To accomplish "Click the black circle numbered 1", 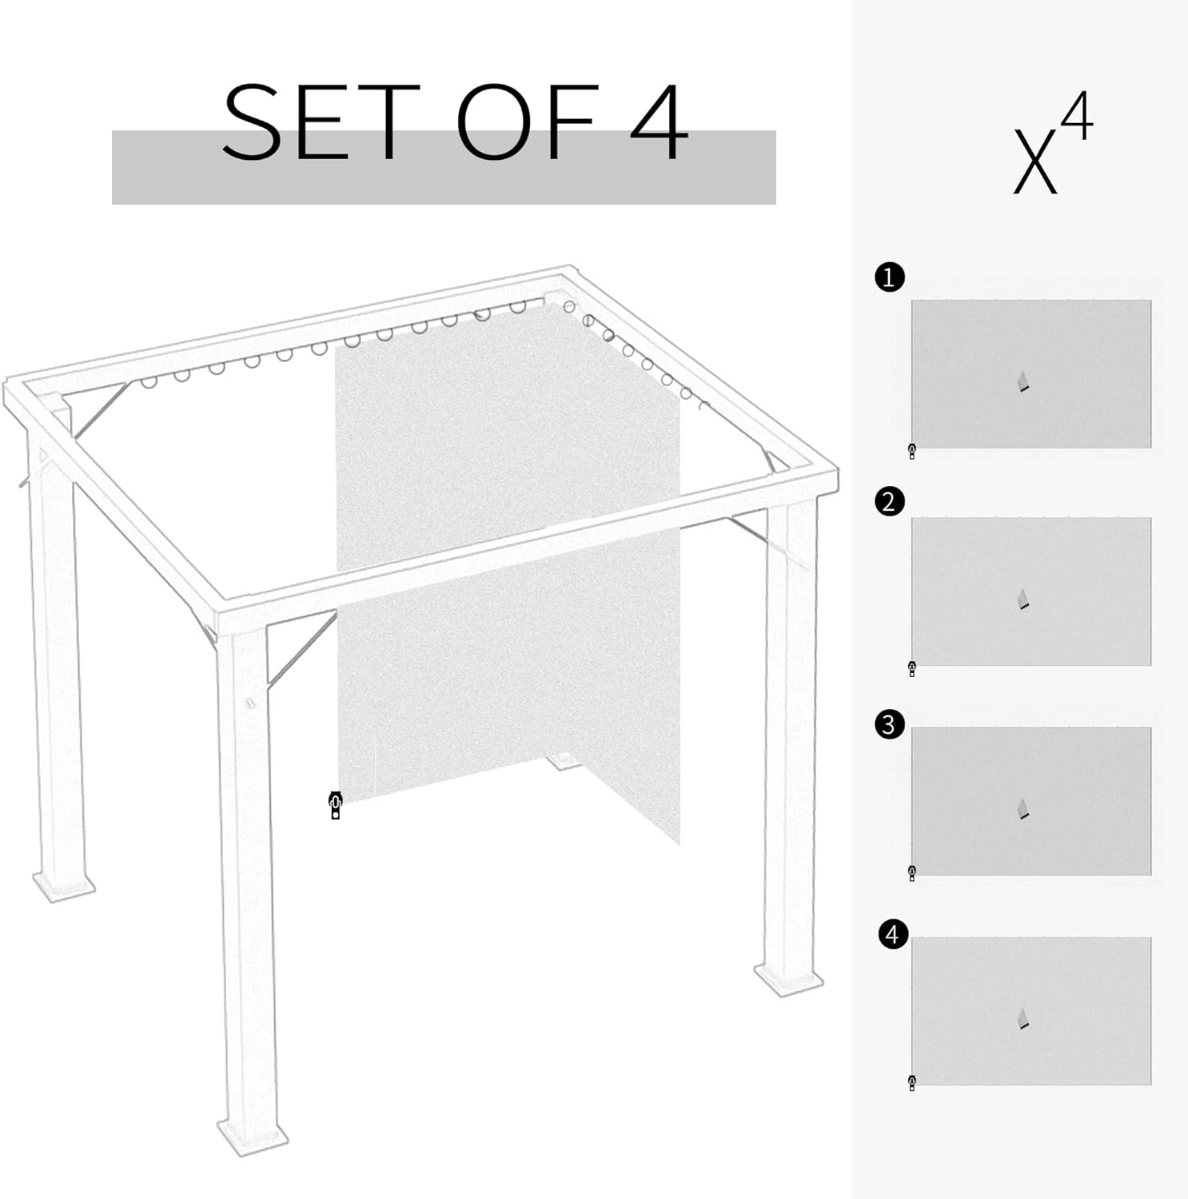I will pos(890,277).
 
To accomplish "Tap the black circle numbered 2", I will pos(890,502).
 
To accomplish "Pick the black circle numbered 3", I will pos(890,725).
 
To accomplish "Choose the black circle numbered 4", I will pos(892,934).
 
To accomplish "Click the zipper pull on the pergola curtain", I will pos(335,805).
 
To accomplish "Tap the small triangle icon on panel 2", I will pos(1023,599).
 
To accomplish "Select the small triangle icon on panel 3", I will pos(1023,808).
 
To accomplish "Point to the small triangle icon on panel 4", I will pos(1023,1018).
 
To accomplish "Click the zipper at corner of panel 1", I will pos(912,452).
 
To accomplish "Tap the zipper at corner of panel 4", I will pos(912,1083).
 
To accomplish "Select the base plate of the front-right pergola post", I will pos(788,978).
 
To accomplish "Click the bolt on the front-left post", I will pos(249,703).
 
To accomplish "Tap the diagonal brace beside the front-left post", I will pos(301,648).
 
